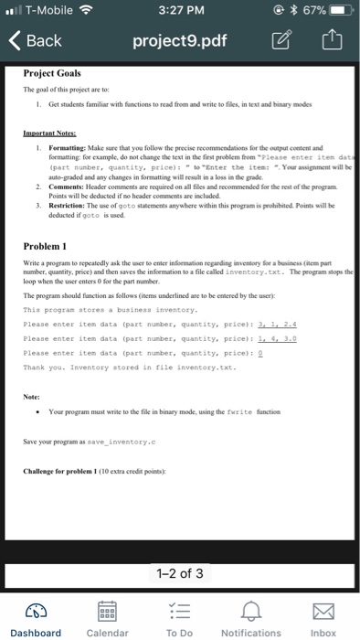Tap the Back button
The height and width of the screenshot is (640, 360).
(35, 41)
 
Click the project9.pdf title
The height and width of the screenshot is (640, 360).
(179, 41)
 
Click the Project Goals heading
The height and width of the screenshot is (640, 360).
(52, 73)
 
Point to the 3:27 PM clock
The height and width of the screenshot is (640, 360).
(180, 11)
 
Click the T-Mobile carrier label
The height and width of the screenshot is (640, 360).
(48, 11)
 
